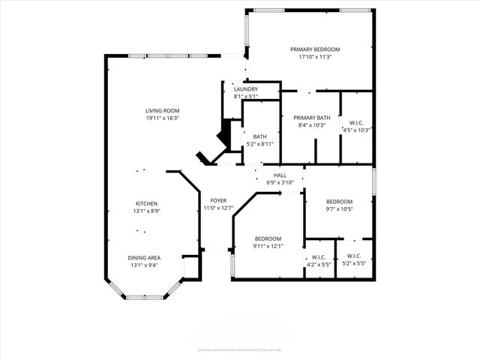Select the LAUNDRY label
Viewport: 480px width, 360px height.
click(246, 89)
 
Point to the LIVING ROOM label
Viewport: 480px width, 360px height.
click(163, 111)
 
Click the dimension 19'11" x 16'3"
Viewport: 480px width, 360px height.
click(163, 118)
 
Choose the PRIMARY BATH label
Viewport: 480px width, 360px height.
click(311, 118)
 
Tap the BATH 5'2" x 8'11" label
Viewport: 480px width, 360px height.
click(259, 136)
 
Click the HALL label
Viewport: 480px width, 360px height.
click(280, 175)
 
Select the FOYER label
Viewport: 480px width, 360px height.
click(218, 201)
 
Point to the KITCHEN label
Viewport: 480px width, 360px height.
click(146, 204)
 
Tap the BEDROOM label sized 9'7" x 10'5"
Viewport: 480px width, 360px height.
click(339, 201)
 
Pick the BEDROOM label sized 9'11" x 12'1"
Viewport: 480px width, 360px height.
click(268, 238)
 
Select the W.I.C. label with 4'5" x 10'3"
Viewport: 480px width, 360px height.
click(357, 123)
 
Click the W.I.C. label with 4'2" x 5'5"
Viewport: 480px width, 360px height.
click(319, 258)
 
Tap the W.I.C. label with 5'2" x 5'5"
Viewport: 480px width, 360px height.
click(352, 258)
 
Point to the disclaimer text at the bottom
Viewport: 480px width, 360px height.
click(240, 349)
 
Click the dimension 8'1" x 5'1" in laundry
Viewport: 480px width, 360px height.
click(246, 96)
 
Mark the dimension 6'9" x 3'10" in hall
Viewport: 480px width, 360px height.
click(280, 182)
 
